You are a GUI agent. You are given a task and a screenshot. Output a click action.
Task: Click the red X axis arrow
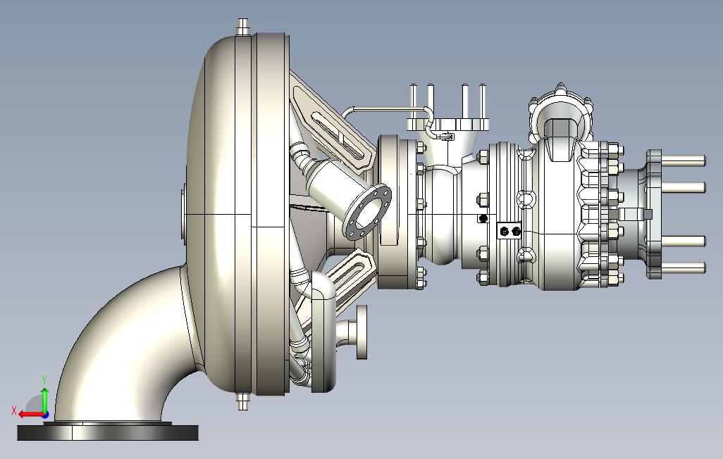pyautogui.click(x=32, y=415)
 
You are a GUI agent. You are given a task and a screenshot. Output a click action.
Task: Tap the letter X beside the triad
pyautogui.click(x=14, y=410)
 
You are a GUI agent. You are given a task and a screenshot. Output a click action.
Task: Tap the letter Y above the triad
pyautogui.click(x=44, y=379)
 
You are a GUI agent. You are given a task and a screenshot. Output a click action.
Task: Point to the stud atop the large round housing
pyautogui.click(x=243, y=27)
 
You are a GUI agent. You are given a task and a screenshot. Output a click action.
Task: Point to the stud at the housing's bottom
pyautogui.click(x=242, y=401)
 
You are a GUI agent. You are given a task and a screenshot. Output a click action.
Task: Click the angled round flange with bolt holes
pyautogui.click(x=368, y=212)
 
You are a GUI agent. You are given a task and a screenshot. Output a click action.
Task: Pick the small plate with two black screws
pyautogui.click(x=509, y=230)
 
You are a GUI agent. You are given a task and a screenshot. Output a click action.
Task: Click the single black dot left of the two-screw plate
pyautogui.click(x=483, y=218)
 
